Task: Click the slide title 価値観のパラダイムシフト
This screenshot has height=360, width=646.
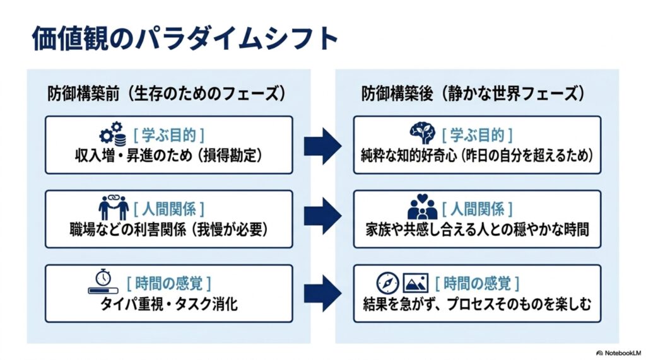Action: pos(185,38)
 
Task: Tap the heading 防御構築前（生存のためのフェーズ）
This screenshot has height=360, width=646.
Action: pos(167,93)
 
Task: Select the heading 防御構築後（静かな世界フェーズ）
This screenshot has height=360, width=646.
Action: pos(473,93)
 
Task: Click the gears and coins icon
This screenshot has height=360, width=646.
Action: pos(113,134)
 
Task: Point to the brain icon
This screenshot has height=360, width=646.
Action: pos(422,132)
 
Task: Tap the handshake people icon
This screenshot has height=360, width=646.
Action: pos(114,207)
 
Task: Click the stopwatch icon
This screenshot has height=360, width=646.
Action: pos(103,281)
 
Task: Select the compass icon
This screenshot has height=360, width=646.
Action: pos(388,283)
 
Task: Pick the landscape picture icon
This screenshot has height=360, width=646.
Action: pos(415,283)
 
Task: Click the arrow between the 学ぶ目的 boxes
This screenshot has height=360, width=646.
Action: pos(322,146)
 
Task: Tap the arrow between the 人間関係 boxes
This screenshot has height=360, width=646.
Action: pos(322,216)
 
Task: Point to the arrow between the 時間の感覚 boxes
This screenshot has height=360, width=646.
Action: pos(322,293)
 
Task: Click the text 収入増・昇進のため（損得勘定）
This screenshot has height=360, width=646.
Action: pos(169,156)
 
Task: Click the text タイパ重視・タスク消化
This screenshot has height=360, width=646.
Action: pos(169,305)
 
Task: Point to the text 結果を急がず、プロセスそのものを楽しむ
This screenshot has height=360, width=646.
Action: pos(477,305)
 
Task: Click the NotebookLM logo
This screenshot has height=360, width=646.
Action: pos(619,353)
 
